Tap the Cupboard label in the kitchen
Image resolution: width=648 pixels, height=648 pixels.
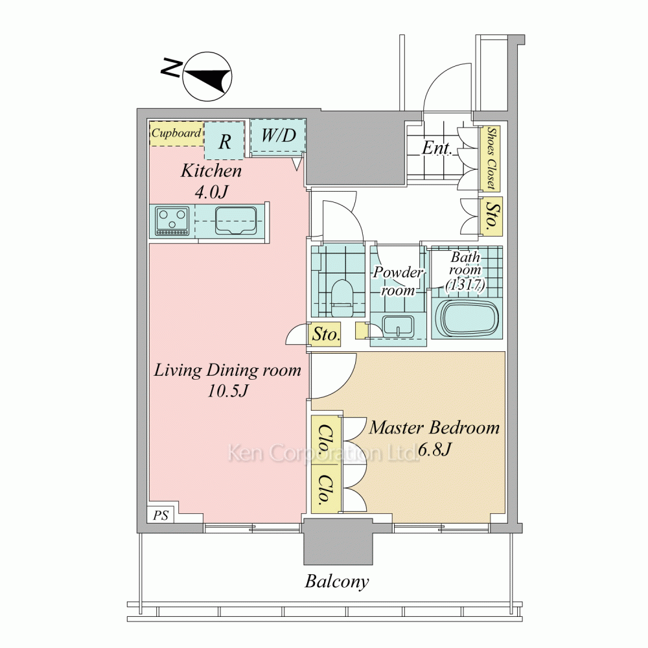coord(176,133)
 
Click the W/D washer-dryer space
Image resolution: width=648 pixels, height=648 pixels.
coord(278,135)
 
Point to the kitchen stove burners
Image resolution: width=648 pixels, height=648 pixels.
coord(172,221)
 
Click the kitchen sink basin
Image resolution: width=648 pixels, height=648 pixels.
coord(235,220)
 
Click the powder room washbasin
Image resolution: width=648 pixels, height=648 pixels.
coord(399,328)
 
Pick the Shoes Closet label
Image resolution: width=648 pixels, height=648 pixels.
coord(491,158)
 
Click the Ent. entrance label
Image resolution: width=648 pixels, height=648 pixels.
coord(436,148)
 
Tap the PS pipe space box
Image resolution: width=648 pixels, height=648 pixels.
coord(161,515)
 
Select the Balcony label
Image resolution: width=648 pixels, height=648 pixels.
coord(337,582)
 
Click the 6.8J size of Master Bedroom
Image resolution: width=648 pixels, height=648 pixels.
coord(434,449)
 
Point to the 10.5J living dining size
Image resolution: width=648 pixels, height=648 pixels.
coord(227,391)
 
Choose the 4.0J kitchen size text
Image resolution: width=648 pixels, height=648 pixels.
coord(211,191)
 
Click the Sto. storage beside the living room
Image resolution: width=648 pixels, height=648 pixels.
coord(326,334)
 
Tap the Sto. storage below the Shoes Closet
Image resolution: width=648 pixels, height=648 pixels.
coord(491,217)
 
